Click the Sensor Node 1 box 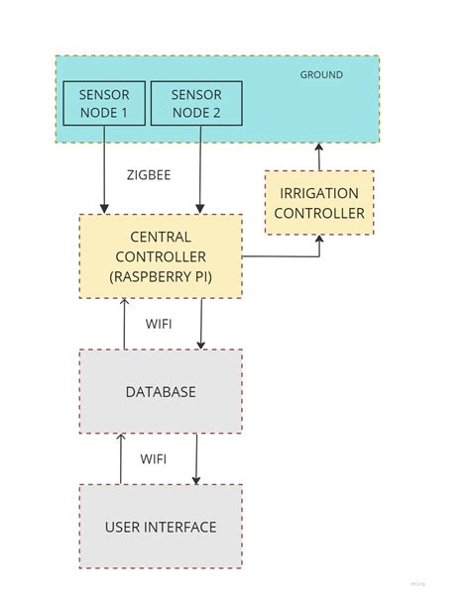click(103, 103)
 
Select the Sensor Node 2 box click(195, 103)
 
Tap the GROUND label click(321, 75)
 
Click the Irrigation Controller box click(318, 203)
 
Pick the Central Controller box click(161, 256)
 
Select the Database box click(161, 391)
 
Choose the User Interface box click(161, 526)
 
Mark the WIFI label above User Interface click(153, 459)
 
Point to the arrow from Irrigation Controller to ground click(318, 156)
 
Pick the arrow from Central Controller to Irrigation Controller click(288, 256)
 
